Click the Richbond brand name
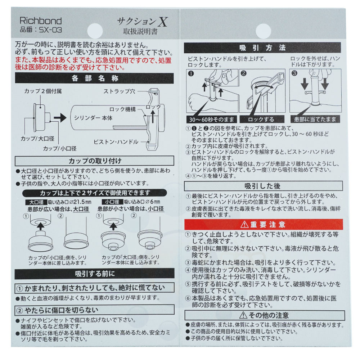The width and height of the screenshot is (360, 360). tap(41, 21)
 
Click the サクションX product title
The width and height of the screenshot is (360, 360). tap(142, 22)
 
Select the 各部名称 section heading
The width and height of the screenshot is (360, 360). tap(95, 78)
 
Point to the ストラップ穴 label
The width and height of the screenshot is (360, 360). tap(119, 91)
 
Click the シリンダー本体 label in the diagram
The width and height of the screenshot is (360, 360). tap(93, 118)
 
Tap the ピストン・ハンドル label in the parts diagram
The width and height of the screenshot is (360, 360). tap(116, 142)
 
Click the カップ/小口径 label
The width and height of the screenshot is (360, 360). tap(60, 149)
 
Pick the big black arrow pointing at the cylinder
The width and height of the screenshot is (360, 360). tap(60, 118)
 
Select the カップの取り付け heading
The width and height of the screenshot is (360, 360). tap(95, 161)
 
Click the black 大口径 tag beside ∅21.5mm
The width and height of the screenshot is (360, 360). tap(36, 202)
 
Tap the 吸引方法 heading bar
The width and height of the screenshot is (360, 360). tap(262, 48)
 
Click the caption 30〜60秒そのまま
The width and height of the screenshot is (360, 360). tap(211, 120)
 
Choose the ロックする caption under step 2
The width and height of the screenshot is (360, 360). tap(261, 120)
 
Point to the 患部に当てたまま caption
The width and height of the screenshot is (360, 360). tap(315, 119)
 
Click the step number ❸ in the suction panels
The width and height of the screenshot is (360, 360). tap(294, 73)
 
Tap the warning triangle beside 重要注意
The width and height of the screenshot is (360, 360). tap(244, 225)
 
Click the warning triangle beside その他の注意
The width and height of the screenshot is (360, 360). tap(243, 315)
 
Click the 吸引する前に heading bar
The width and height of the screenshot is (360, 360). tap(95, 274)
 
